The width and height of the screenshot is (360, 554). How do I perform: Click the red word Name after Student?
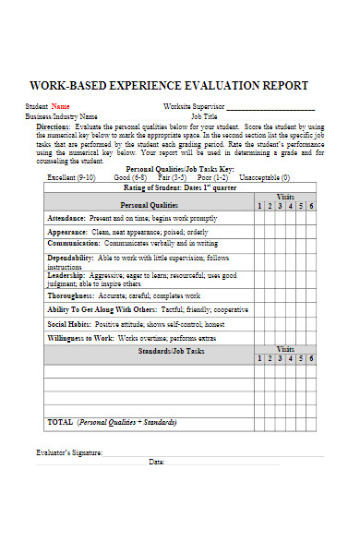(60, 106)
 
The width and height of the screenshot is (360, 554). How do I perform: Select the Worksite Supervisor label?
(193, 106)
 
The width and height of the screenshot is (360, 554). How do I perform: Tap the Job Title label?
(204, 117)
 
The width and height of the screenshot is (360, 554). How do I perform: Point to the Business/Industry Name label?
(61, 117)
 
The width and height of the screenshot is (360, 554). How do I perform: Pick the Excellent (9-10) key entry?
(71, 176)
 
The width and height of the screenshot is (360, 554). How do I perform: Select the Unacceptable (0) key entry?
(263, 176)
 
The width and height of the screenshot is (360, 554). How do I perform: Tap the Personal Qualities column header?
(149, 204)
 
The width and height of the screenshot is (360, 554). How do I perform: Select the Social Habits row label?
(68, 324)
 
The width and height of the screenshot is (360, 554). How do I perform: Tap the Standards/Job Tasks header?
(149, 353)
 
